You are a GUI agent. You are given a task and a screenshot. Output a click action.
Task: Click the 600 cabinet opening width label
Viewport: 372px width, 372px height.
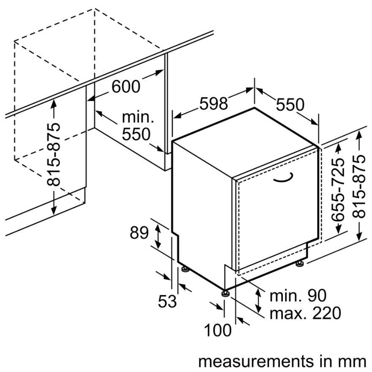coord(126,87)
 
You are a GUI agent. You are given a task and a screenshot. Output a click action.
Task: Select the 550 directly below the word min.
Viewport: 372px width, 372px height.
coord(136,134)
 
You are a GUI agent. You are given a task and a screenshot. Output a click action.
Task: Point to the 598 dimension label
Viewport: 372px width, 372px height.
coord(214,104)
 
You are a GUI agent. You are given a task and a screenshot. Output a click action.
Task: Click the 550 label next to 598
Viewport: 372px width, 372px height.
coord(290,104)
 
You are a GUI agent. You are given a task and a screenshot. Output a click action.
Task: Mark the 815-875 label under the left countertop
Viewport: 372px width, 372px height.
coord(53,154)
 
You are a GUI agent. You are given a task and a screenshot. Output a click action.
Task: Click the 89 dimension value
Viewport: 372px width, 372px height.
coord(139,232)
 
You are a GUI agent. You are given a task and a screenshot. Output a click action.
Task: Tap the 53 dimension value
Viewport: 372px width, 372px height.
coord(167,301)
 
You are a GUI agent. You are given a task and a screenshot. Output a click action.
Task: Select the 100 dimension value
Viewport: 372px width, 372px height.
coord(217,330)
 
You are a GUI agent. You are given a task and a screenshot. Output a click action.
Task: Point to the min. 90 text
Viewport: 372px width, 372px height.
coord(298,295)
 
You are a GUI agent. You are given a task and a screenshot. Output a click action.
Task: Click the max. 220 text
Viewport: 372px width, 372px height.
coord(305,313)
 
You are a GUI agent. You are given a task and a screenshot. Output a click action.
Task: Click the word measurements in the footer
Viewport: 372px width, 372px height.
coord(255,361)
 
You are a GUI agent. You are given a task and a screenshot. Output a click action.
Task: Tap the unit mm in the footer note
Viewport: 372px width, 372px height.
coord(354,362)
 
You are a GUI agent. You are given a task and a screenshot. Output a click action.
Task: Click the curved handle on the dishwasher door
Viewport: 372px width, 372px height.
coord(283,178)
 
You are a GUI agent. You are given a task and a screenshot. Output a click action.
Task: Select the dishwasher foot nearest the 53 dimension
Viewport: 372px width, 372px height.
coord(185,269)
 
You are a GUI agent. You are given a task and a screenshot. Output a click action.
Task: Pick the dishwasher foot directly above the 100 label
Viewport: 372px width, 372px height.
coord(225,294)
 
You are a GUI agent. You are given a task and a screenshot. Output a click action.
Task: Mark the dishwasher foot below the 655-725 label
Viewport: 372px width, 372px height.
coord(300,263)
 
